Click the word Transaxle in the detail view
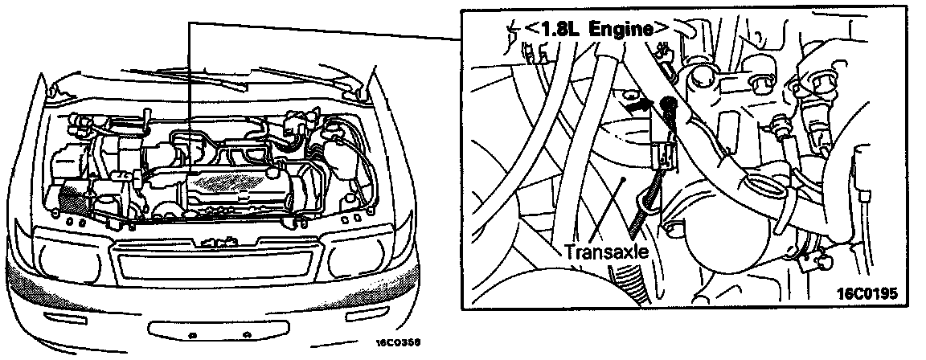(605, 251)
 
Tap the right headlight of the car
(359, 258)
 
